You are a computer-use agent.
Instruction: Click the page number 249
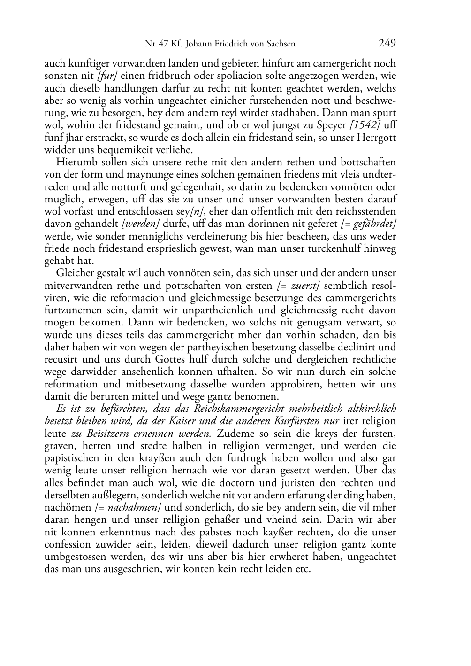(x=387, y=44)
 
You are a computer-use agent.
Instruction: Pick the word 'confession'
(x=68, y=544)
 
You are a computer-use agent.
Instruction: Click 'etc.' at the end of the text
(x=303, y=569)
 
